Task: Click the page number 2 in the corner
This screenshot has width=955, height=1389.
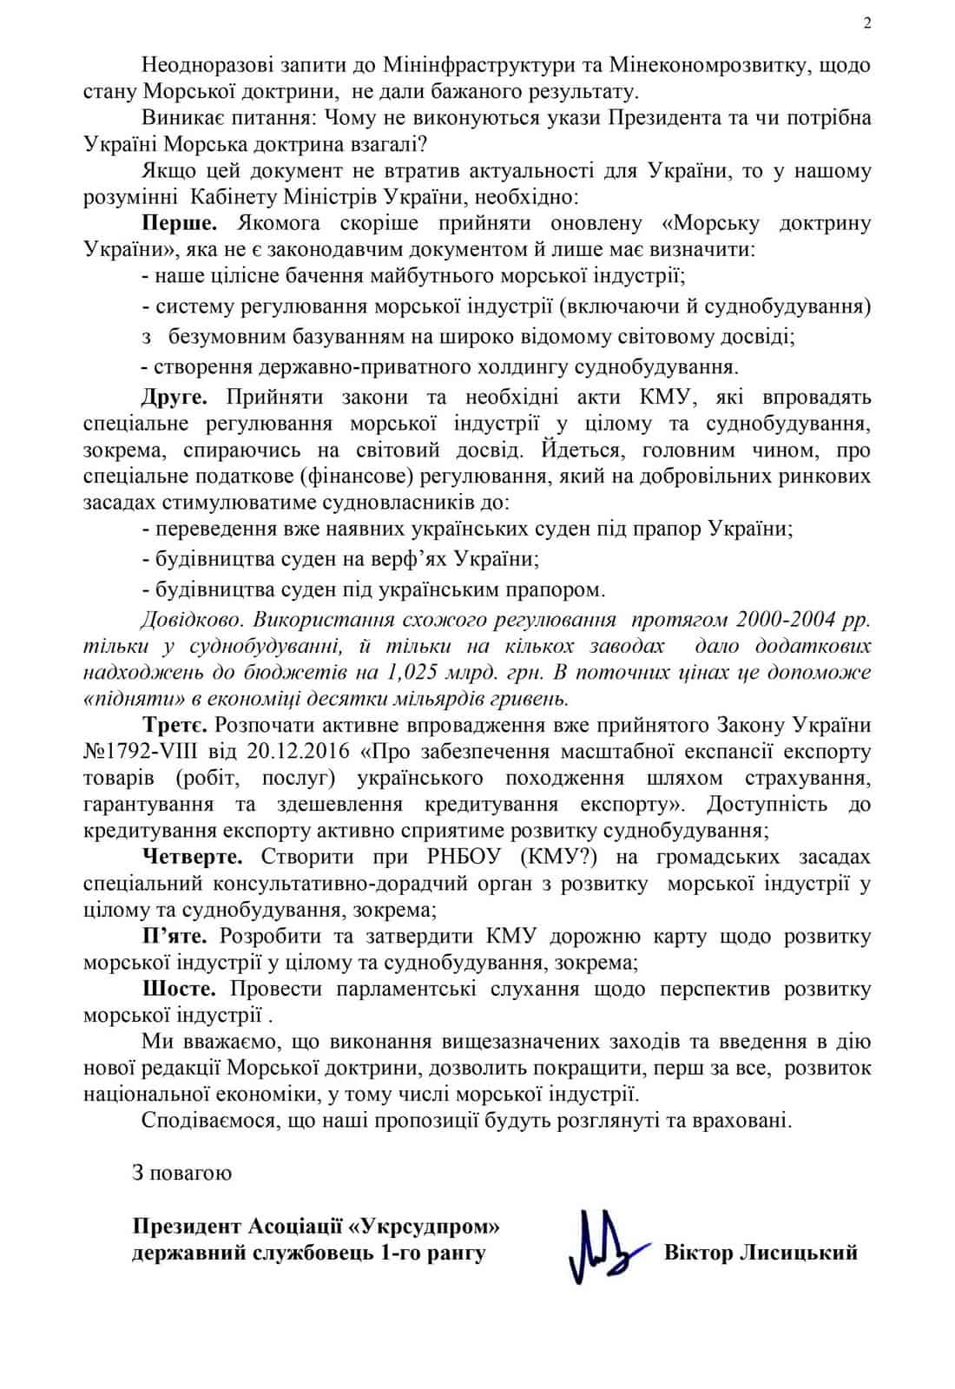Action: click(867, 23)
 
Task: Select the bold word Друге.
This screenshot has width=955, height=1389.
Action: click(175, 398)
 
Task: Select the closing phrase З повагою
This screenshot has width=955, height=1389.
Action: click(182, 1174)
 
